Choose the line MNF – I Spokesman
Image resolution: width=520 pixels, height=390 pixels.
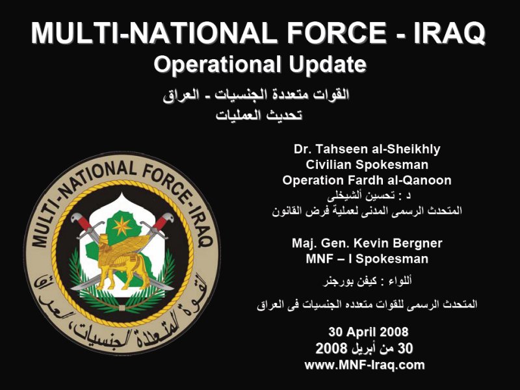[x=367, y=259]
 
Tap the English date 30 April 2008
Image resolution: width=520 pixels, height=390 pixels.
[x=368, y=331]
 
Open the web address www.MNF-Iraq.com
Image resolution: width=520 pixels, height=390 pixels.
[x=365, y=365]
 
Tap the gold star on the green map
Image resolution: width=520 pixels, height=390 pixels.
[x=122, y=226]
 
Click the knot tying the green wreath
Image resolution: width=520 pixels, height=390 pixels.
[x=122, y=308]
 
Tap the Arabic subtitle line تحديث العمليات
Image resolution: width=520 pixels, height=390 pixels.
[x=259, y=116]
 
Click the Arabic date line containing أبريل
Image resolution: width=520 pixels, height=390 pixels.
[x=364, y=348]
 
